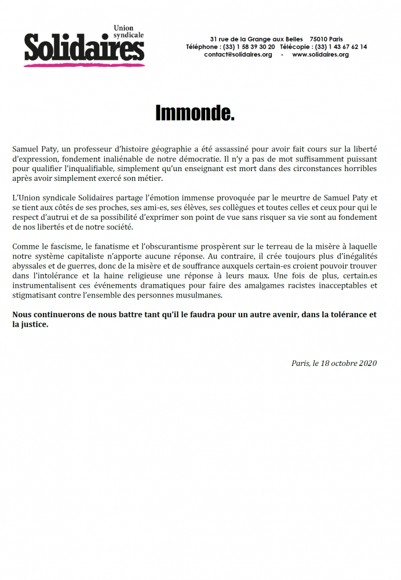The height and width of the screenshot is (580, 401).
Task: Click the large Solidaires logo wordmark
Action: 84,47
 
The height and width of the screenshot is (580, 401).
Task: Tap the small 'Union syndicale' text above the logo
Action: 128,31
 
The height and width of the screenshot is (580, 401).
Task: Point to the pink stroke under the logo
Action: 84,64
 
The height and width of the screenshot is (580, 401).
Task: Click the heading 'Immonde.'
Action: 195,113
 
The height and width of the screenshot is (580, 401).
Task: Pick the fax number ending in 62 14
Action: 341,47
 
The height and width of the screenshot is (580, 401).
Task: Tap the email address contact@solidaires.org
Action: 238,55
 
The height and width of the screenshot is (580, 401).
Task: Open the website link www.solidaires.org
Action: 320,55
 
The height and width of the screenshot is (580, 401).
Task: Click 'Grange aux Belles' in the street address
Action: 275,39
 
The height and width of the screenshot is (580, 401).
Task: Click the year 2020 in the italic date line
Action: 367,363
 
